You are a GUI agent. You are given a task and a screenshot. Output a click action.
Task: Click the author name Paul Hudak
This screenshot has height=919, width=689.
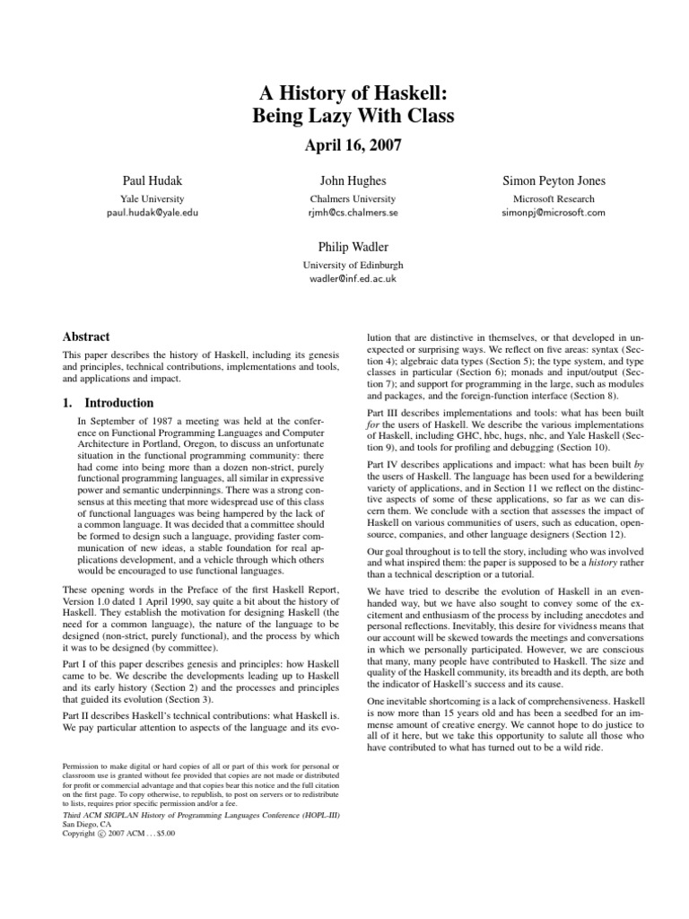coord(152,180)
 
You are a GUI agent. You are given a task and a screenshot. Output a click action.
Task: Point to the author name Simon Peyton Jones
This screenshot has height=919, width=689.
coord(554,180)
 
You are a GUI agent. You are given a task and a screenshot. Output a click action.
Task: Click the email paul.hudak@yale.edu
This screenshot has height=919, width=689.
coord(152,214)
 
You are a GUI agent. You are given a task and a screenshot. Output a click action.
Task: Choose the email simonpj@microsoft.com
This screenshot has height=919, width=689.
coord(554,214)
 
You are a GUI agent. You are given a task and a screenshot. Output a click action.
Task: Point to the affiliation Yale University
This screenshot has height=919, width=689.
coord(152,198)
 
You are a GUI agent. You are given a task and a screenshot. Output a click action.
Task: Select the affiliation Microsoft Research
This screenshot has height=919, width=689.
coord(554,198)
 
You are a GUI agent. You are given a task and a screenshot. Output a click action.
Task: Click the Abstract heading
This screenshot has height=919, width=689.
coord(86,337)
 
